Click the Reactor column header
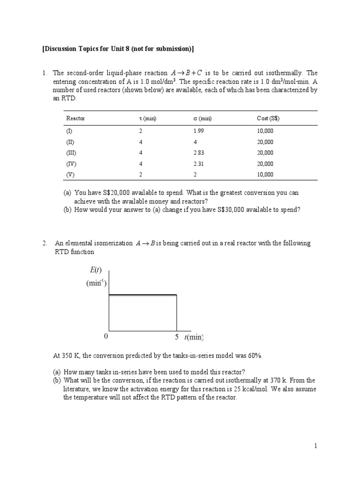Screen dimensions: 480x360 (x=75, y=119)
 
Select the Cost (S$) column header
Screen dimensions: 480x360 (x=265, y=119)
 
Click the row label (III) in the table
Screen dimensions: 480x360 (x=71, y=153)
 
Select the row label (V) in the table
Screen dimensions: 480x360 (x=70, y=175)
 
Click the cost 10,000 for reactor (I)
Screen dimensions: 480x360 (x=265, y=131)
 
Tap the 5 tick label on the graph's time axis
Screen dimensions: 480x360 (x=177, y=337)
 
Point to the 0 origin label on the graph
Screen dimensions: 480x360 (x=106, y=337)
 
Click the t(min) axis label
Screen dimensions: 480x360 (x=194, y=337)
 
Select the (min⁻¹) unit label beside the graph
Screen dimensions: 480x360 (x=96, y=283)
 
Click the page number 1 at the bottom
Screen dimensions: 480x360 (x=316, y=446)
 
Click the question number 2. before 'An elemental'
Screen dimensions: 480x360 (x=45, y=243)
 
